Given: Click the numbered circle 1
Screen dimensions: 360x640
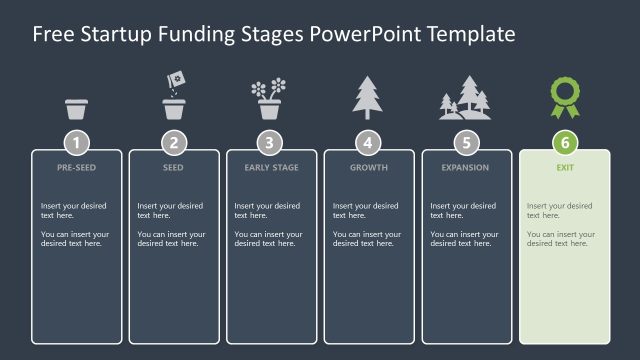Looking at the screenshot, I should point(77,142).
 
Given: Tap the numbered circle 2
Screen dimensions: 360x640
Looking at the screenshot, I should point(174,142).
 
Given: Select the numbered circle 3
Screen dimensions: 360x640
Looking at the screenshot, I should point(271,142).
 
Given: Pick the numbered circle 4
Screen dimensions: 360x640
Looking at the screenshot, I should point(368,142).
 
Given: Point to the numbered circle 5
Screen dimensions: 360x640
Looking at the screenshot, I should point(466,142).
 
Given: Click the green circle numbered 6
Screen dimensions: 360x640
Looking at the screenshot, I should point(564,142).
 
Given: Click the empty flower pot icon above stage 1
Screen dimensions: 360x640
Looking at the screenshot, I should point(77,108).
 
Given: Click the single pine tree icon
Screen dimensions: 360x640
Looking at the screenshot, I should point(368,98).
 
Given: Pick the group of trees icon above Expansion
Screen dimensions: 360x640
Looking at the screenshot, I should point(465,99).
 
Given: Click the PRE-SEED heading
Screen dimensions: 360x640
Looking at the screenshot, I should point(77,168).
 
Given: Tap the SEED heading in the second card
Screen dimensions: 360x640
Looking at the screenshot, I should point(173,168).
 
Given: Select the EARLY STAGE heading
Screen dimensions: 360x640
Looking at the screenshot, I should point(271,168).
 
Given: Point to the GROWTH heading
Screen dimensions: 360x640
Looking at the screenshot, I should point(368,168).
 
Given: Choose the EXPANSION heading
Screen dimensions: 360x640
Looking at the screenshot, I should point(466,168).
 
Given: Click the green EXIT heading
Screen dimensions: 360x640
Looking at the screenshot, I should point(564,168).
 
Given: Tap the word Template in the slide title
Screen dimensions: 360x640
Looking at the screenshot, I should point(471,35).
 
